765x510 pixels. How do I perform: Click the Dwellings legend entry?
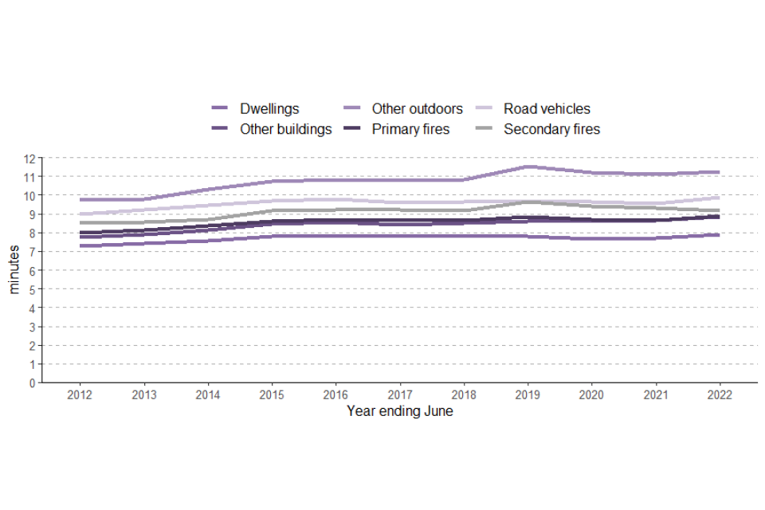tap(269, 108)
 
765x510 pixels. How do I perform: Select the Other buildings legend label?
tap(285, 129)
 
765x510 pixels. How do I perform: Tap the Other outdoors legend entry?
tap(417, 108)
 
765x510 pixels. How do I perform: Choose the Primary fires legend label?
tap(410, 129)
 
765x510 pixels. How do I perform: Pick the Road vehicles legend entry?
tap(547, 108)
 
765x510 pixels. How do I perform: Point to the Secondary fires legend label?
tap(551, 129)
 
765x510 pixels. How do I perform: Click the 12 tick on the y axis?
tap(30, 158)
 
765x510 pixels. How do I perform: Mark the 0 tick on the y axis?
tap(33, 382)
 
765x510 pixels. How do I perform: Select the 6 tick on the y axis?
tap(33, 270)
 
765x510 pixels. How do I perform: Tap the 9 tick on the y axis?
tap(33, 214)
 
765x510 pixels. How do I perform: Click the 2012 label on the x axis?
tap(80, 395)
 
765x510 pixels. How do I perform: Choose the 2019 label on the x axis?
tap(528, 395)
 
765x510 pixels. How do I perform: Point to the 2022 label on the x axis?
tap(720, 395)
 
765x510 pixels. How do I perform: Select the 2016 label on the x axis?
tap(335, 395)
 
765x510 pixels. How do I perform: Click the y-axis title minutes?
tap(14, 270)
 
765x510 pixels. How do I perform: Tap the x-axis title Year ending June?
tap(399, 412)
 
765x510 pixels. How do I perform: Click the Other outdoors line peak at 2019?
tap(528, 167)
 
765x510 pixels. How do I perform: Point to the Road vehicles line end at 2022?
tap(720, 198)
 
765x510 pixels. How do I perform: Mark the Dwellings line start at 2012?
tap(80, 245)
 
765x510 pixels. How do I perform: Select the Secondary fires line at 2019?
tap(528, 202)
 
